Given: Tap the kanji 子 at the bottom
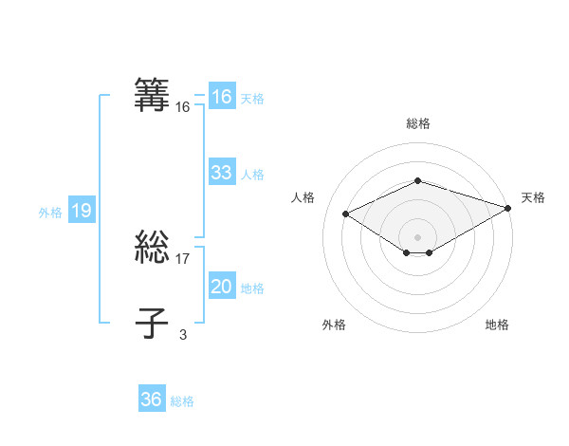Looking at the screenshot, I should (153, 323).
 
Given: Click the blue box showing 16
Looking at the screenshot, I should (222, 97).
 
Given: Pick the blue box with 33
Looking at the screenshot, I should (222, 173).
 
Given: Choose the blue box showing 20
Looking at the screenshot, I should (222, 288).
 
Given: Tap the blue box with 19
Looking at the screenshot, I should (81, 212).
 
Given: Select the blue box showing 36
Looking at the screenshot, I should (152, 400).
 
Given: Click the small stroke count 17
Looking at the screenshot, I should (183, 258).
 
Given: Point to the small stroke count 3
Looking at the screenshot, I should (183, 334).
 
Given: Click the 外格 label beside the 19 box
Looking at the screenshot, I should (50, 213).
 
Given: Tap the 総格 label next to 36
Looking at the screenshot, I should (182, 401).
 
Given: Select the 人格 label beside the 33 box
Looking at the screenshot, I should (252, 175).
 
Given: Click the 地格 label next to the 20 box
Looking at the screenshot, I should (252, 288).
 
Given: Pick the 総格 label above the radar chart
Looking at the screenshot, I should (417, 123).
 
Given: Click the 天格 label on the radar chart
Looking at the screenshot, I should (533, 197).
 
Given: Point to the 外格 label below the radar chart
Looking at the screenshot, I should (334, 325).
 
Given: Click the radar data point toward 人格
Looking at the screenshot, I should (346, 214).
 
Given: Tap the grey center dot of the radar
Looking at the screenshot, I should (417, 236).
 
